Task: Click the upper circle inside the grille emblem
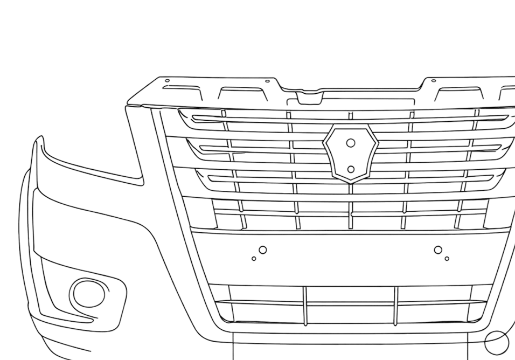coord(351,143)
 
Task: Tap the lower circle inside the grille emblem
coord(351,169)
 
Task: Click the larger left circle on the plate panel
coord(262,250)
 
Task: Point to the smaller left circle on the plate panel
coord(254,259)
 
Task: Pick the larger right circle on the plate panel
coord(438,250)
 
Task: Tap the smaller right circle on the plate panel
coord(447,259)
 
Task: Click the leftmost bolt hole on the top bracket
coord(167,81)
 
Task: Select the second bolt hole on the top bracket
coord(267,81)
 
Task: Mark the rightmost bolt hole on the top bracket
coord(434,81)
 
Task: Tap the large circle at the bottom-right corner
coord(496,342)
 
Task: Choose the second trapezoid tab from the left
coord(242,94)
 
